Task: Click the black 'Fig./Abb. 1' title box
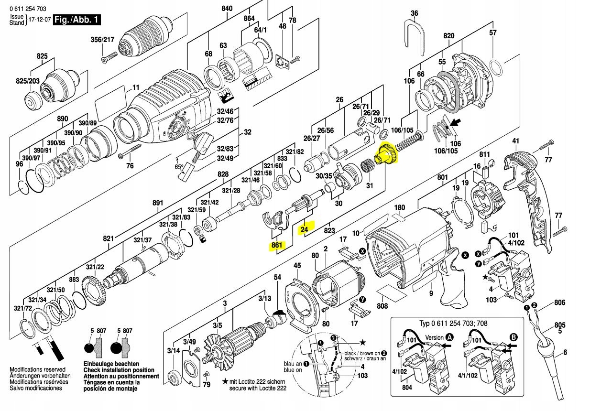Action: click(x=77, y=20)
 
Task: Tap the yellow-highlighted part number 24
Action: click(x=305, y=230)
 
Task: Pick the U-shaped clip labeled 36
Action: click(x=414, y=35)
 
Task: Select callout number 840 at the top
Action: click(x=227, y=8)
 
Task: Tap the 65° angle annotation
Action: click(x=178, y=167)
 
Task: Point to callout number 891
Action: click(x=158, y=202)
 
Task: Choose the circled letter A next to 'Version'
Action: click(x=449, y=337)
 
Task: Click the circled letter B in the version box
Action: click(x=514, y=337)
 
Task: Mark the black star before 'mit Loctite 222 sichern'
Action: click(x=225, y=382)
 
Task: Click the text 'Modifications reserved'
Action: click(x=37, y=369)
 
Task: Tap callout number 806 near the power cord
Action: click(x=559, y=303)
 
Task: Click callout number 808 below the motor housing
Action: click(x=382, y=306)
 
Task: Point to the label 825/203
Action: click(x=28, y=82)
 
